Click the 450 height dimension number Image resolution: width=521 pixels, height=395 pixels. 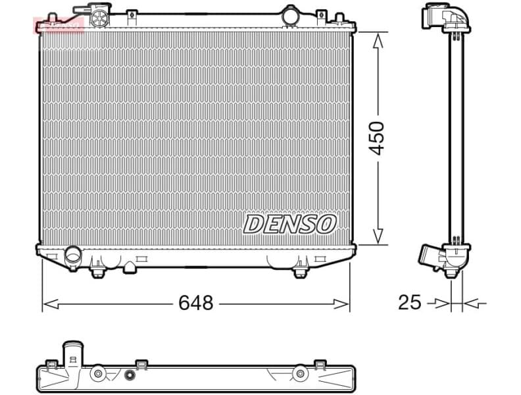pos(376,138)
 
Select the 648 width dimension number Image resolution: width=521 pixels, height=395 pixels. pos(196,303)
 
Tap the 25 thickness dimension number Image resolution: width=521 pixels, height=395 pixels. pos(409,303)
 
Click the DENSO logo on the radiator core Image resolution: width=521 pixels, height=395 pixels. pos(289,224)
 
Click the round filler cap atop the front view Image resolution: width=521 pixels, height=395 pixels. pos(100,16)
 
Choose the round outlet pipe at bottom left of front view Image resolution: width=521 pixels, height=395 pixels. pos(72,253)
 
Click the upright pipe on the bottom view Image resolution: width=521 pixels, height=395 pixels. pos(71,352)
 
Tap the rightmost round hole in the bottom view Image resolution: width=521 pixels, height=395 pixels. pos(300,373)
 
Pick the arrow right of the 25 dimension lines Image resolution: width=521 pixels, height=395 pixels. pos(475,303)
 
